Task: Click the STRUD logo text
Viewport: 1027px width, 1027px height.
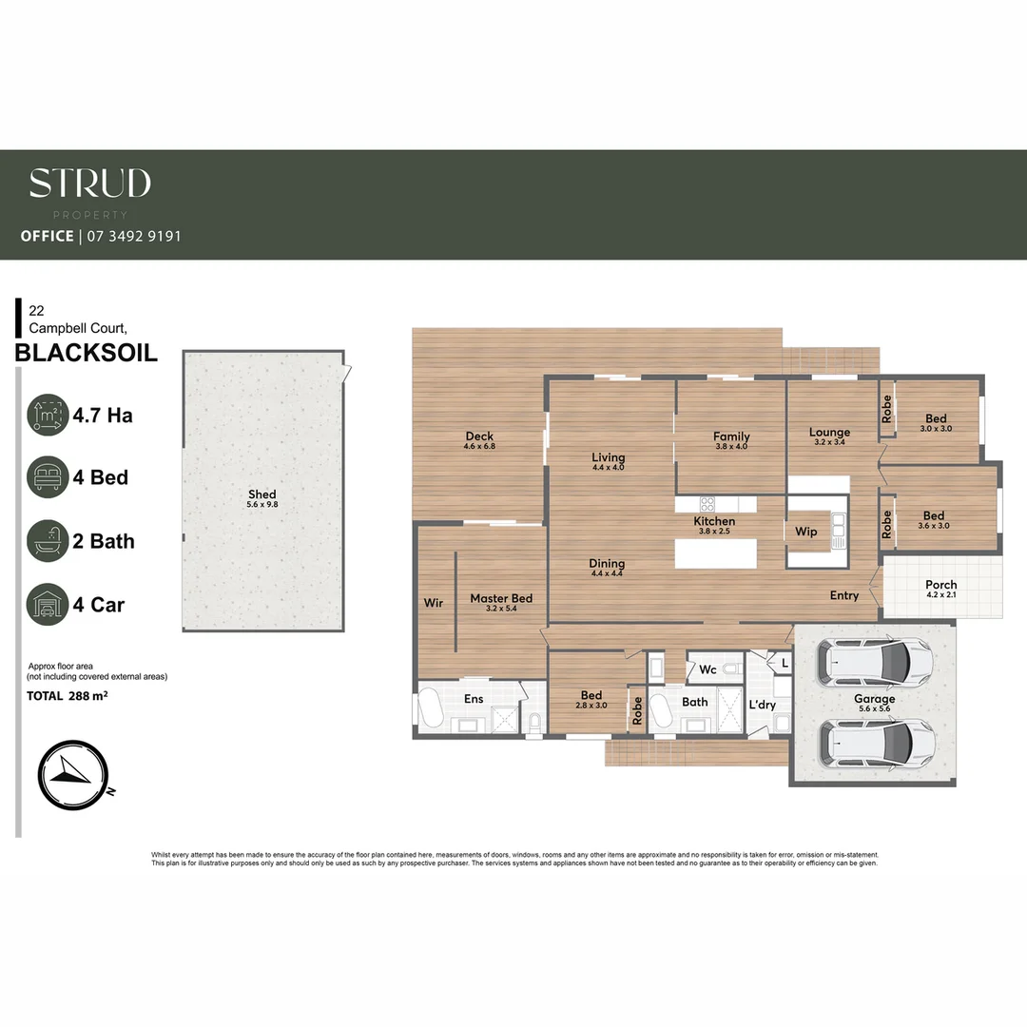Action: point(89,183)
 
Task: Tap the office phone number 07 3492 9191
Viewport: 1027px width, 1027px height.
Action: point(133,236)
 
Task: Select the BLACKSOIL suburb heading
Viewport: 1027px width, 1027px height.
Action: point(87,355)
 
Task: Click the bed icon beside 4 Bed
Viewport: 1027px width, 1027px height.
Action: point(48,477)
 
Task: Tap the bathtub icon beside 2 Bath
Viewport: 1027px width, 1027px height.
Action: point(48,541)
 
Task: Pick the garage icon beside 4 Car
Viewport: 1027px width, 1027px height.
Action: point(48,605)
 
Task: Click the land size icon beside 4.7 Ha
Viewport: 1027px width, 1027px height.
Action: point(48,416)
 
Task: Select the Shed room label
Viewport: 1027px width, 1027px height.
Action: point(262,494)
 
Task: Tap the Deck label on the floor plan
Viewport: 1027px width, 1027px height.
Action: point(479,437)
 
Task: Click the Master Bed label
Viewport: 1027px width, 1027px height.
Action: point(501,599)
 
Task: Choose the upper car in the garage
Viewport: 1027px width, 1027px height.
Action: point(875,662)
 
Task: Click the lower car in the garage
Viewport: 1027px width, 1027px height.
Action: point(875,741)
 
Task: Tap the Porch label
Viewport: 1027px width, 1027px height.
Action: point(940,585)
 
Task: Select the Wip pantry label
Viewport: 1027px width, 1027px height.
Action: point(805,532)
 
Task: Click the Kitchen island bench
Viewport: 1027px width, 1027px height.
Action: point(715,553)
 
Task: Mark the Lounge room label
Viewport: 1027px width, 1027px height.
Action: point(829,433)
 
